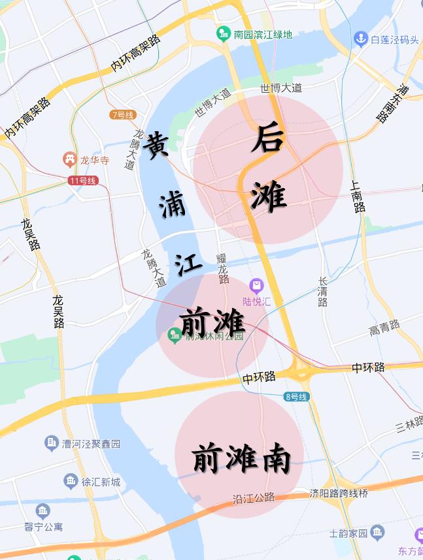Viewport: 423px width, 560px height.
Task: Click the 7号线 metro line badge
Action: pos(122,115)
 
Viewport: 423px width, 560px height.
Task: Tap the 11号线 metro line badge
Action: pos(82,180)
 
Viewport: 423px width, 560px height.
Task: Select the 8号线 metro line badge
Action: pos(296,396)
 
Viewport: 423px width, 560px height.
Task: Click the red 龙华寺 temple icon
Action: pos(69,159)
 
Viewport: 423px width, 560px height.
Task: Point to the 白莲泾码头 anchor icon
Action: pos(360,39)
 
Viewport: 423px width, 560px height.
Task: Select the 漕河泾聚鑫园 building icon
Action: pos(52,444)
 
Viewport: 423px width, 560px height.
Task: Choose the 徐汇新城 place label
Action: pos(101,482)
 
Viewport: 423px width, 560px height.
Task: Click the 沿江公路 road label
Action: pos(254,498)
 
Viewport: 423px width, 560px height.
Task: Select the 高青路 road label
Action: pos(384,328)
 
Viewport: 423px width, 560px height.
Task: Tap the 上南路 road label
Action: pos(358,196)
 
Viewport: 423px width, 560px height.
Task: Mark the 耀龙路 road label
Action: pos(223,268)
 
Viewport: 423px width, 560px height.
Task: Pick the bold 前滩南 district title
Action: pos(241,458)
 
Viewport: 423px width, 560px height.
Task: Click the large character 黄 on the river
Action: pos(157,144)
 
